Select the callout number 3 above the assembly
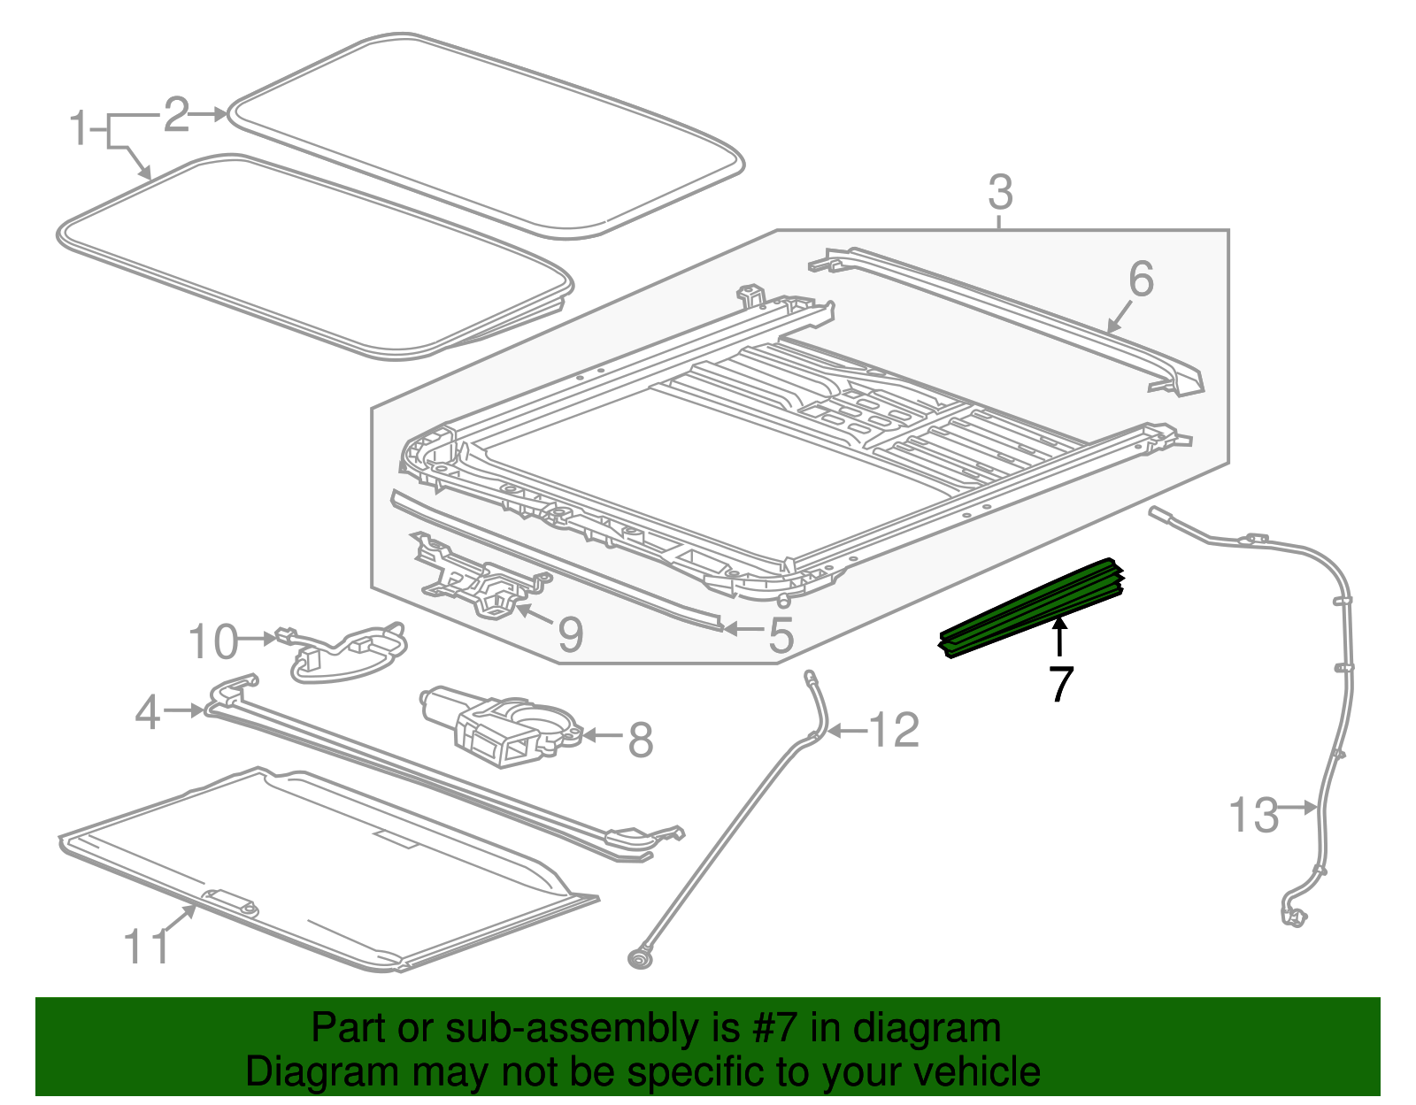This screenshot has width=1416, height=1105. tap(1000, 192)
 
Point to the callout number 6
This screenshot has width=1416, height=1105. tap(1142, 279)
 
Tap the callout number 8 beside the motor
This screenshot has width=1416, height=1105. tap(641, 739)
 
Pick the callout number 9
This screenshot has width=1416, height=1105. tap(570, 633)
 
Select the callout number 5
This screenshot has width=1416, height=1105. tap(781, 633)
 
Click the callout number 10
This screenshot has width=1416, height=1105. tap(213, 641)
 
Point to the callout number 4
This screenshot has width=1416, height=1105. tap(148, 712)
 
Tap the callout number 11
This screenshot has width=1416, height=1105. tap(146, 947)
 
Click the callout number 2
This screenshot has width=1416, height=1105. tap(177, 115)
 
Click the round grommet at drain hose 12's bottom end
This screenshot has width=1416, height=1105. tap(636, 959)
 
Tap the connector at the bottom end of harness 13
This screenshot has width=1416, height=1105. tap(1292, 918)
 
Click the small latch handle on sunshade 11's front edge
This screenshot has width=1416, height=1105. tap(230, 901)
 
